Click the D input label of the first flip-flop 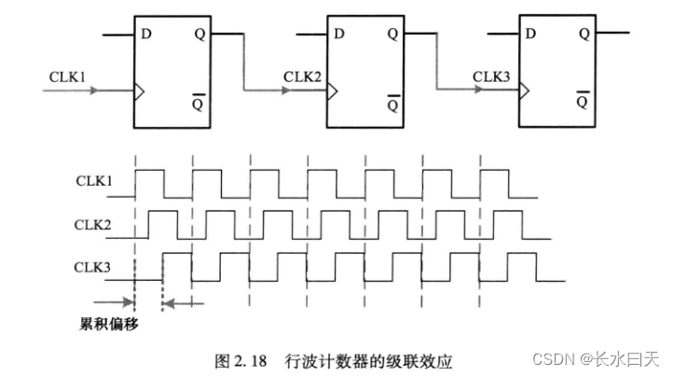click(146, 35)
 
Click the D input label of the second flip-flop click(339, 35)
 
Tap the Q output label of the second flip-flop click(392, 35)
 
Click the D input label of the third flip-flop click(530, 35)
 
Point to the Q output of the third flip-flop click(584, 35)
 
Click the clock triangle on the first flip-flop click(140, 91)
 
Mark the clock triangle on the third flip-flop click(524, 91)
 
